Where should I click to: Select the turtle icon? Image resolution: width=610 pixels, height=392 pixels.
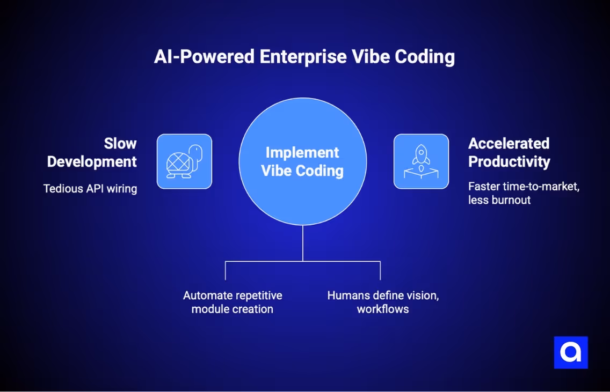point(184,161)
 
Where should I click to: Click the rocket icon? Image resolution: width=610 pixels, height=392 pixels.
point(421,161)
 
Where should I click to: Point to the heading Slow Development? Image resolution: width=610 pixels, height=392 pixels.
point(92,153)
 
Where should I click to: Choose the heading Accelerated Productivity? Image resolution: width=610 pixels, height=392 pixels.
point(509,153)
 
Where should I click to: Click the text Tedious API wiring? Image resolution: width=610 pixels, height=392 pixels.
point(90,188)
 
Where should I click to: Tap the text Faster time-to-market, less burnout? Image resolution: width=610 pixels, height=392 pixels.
point(524,193)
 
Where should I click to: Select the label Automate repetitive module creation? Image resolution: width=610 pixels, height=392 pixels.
point(233,302)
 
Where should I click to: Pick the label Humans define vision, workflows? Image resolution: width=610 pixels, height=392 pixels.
point(383,302)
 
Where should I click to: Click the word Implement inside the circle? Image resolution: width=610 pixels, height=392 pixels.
point(302,153)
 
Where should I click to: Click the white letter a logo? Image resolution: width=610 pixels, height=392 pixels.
point(571,352)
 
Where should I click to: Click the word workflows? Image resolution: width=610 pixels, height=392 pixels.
point(383,309)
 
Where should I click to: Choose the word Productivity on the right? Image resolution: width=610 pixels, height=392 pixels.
point(509,162)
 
